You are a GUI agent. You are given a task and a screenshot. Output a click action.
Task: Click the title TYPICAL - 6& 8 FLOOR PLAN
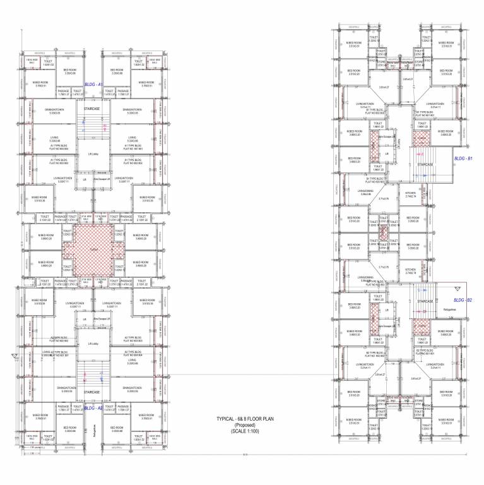246,419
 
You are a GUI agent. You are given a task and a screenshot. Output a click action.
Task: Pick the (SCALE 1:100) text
246,432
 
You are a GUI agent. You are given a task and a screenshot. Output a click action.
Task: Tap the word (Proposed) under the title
246,426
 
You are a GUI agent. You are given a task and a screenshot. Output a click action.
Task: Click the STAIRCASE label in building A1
92,109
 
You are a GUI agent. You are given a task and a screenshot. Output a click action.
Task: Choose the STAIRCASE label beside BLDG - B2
424,302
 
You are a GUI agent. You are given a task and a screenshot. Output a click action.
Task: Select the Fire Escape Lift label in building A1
101,179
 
